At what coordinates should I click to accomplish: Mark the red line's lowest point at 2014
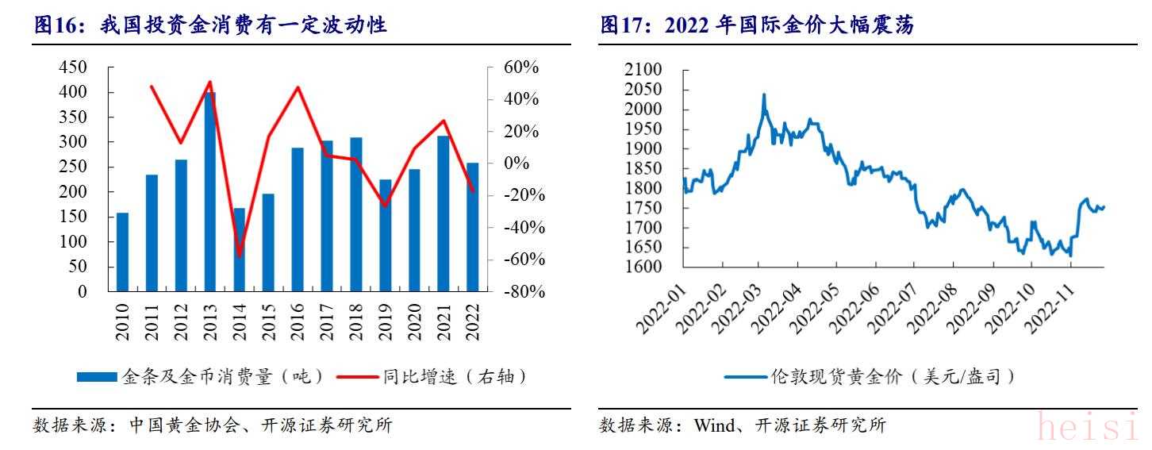[x=240, y=256]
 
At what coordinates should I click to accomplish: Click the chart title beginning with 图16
[x=210, y=25]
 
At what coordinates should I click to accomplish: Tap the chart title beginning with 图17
[x=758, y=25]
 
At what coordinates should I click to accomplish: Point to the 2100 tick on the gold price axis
[x=643, y=71]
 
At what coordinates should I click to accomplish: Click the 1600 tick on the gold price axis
[x=643, y=267]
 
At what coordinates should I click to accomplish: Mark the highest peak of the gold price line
[x=764, y=94]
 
